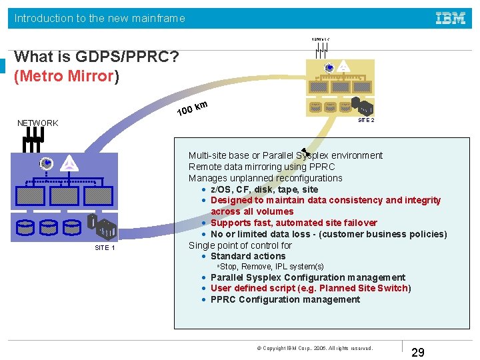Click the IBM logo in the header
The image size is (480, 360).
click(451, 18)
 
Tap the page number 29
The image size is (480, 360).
click(419, 352)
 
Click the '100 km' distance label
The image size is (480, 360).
click(193, 107)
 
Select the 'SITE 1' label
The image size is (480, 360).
click(105, 248)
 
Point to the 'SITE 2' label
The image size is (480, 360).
click(366, 120)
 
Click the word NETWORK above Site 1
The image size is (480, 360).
click(38, 123)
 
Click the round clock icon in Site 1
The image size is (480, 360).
click(46, 163)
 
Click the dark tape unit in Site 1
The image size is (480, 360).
click(105, 229)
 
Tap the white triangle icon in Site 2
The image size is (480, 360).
click(343, 67)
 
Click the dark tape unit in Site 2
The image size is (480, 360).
click(365, 107)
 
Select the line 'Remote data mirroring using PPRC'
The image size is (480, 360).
click(261, 167)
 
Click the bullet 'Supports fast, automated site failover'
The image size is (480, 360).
click(293, 223)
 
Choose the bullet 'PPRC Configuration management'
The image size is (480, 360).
click(285, 299)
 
